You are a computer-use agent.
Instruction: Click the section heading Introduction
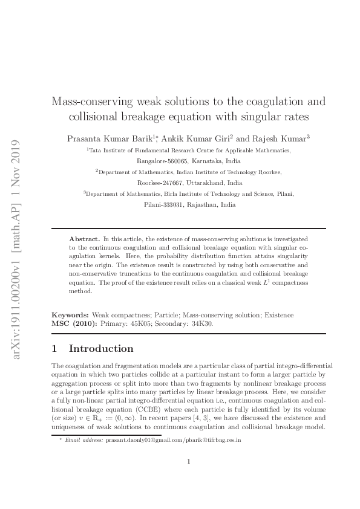pyautogui.click(x=101, y=349)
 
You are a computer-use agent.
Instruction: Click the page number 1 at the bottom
pyautogui.click(x=189, y=479)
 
